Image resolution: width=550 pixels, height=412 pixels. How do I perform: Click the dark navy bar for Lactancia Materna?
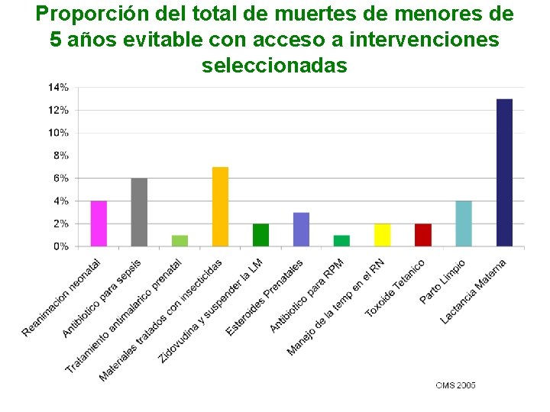pyautogui.click(x=504, y=172)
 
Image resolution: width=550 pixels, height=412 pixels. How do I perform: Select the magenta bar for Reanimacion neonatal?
pyautogui.click(x=99, y=224)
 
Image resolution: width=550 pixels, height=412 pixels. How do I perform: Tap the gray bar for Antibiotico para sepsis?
pyautogui.click(x=139, y=212)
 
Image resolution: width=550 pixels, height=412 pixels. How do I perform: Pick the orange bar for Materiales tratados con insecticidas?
pyautogui.click(x=220, y=207)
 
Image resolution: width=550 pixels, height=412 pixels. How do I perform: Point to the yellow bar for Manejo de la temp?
pyautogui.click(x=383, y=235)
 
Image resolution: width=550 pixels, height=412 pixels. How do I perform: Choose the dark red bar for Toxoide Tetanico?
pyautogui.click(x=423, y=235)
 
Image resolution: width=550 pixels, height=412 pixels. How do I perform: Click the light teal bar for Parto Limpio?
pyautogui.click(x=464, y=224)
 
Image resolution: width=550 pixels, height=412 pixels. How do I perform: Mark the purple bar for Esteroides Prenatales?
pyautogui.click(x=301, y=230)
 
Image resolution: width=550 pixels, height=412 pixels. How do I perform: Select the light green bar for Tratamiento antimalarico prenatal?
pyautogui.click(x=180, y=241)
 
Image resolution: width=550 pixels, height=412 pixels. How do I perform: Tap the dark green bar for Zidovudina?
pyautogui.click(x=261, y=235)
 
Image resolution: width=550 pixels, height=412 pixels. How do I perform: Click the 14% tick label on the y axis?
pyautogui.click(x=58, y=88)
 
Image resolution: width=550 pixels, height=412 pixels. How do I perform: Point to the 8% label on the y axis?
pyautogui.click(x=60, y=156)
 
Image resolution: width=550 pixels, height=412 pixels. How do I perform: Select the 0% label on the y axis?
pyautogui.click(x=60, y=246)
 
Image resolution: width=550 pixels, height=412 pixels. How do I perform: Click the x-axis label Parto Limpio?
pyautogui.click(x=442, y=282)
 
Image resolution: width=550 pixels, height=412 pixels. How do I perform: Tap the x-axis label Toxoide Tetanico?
pyautogui.click(x=395, y=288)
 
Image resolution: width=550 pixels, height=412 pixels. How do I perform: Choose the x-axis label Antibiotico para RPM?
pyautogui.click(x=307, y=296)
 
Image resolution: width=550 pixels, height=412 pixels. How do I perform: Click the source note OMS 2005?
pyautogui.click(x=455, y=385)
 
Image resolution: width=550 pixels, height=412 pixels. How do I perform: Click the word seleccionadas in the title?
pyautogui.click(x=274, y=65)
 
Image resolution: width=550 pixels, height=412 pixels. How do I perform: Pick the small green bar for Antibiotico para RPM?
pyautogui.click(x=341, y=241)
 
